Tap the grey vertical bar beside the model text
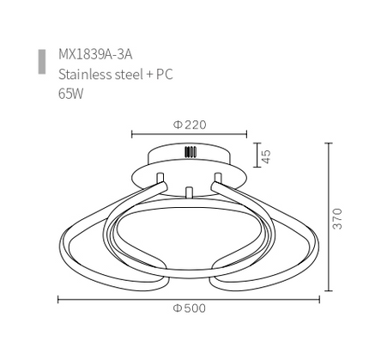41,63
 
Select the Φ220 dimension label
190,125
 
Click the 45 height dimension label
266,156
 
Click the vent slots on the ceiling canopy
189,154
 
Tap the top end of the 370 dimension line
329,143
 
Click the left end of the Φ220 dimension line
131,134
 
